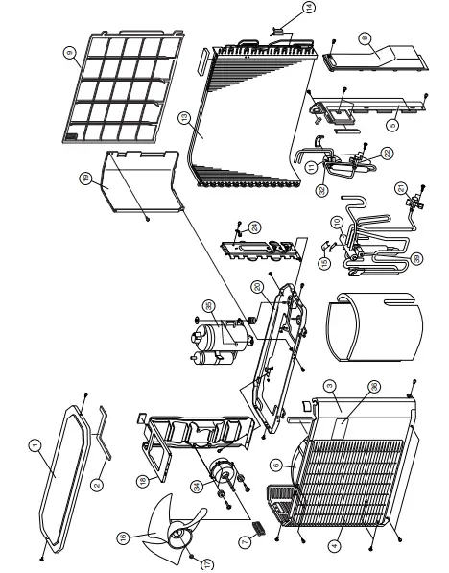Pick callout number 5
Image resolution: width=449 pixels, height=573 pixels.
(391, 123)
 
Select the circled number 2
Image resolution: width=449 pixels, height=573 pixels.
(98, 487)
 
